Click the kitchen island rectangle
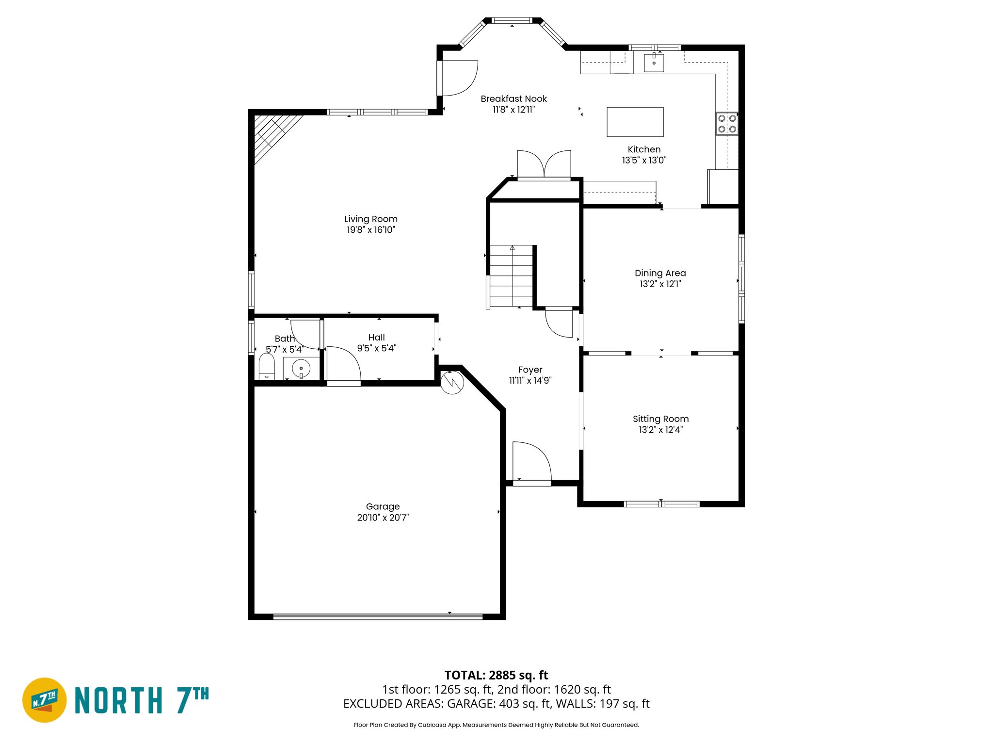(x=635, y=122)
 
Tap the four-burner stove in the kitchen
(x=727, y=124)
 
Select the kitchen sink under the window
(x=654, y=63)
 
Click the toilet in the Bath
(x=267, y=367)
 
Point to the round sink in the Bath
(x=301, y=369)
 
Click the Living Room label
(x=371, y=219)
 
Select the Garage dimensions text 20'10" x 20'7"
(x=383, y=518)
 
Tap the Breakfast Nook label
(x=513, y=99)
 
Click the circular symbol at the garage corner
(x=452, y=382)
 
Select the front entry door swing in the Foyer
(x=531, y=462)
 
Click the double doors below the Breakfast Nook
(x=544, y=165)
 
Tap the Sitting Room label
(x=660, y=419)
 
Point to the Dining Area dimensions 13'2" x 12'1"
(x=660, y=284)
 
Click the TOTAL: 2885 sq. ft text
(x=496, y=675)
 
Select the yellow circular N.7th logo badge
(x=45, y=700)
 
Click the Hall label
(x=376, y=338)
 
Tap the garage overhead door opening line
(x=378, y=617)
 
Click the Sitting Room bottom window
(x=661, y=504)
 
